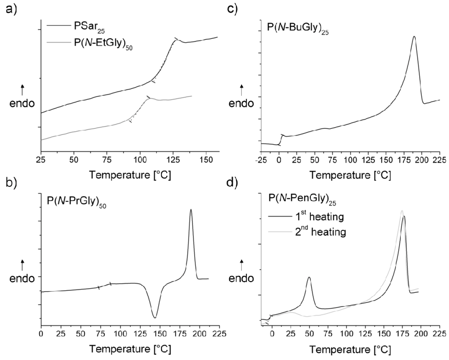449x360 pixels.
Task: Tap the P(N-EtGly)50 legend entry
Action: (x=101, y=44)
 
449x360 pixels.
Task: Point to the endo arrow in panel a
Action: (x=22, y=90)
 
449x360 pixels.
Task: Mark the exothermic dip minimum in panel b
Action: (x=154, y=317)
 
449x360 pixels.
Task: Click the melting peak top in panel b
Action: (x=191, y=210)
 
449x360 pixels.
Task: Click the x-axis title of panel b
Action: (x=130, y=350)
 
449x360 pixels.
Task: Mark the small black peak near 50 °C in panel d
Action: (x=310, y=277)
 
